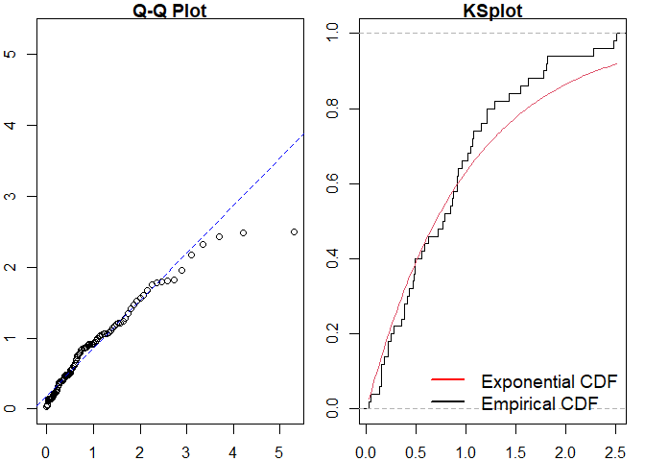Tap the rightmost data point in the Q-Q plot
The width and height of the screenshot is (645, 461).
(x=294, y=231)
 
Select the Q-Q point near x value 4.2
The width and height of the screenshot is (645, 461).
(x=243, y=232)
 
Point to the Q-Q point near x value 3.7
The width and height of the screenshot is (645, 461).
(x=219, y=236)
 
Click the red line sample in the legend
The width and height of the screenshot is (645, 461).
(x=450, y=380)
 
